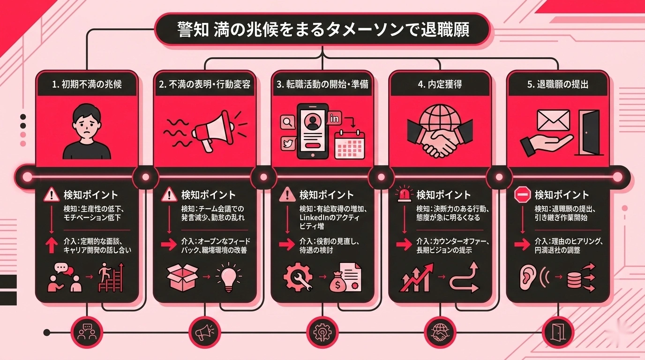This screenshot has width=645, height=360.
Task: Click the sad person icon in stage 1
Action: click(87, 133)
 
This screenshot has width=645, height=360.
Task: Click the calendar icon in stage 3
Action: click(349, 144)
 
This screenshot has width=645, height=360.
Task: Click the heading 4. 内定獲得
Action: click(440, 85)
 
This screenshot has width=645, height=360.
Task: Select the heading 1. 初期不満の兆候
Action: click(87, 85)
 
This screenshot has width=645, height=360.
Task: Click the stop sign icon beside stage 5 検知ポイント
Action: click(522, 195)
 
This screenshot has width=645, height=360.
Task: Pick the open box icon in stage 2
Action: click(182, 277)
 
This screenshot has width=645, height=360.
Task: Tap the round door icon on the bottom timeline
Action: click(558, 332)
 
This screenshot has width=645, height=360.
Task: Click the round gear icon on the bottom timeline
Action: click(322, 332)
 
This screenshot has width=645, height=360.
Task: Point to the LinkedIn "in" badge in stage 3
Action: click(335, 119)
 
